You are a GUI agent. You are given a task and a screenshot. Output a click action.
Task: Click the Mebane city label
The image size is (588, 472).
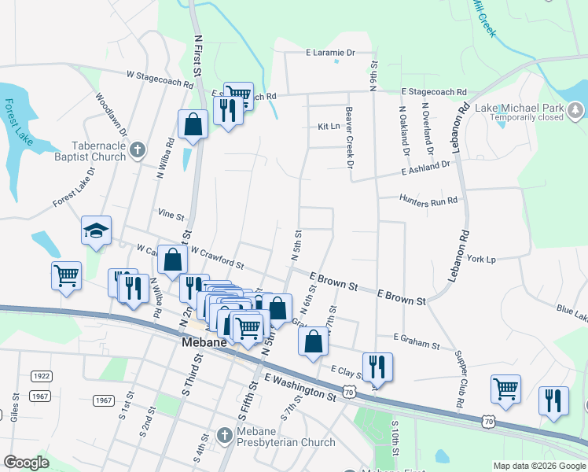coord(204,343)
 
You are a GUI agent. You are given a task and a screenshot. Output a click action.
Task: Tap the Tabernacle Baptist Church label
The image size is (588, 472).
coord(99,151)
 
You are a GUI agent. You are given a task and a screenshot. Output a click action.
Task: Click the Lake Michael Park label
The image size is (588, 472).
coord(520,108)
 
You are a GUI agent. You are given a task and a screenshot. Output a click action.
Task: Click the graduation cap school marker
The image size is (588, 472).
coord(96,230)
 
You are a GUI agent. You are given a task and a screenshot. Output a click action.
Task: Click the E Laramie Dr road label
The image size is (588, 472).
coord(331,53)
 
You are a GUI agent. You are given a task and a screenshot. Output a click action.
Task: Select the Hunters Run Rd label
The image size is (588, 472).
coord(428,201)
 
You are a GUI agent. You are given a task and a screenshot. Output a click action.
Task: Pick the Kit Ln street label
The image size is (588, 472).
coord(329,126)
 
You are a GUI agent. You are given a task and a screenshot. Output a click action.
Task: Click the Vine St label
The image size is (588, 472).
coord(171,214)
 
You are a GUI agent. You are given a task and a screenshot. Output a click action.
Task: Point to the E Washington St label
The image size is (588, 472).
coord(300,389)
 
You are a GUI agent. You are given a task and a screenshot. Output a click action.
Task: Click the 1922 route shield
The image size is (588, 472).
coord(41,377)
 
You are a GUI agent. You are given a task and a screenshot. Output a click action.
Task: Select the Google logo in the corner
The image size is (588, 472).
coord(26,463)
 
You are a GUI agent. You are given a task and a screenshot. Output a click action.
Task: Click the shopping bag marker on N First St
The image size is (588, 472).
coord(193,124)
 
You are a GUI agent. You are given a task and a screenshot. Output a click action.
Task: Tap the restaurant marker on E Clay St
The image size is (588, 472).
coord(377,366)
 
